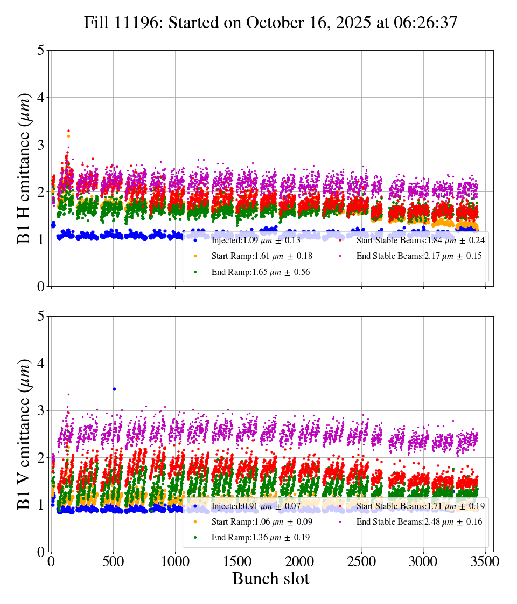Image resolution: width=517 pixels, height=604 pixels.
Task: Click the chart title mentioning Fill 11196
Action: coord(270,23)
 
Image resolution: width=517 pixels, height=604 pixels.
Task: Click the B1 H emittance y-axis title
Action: coord(24,168)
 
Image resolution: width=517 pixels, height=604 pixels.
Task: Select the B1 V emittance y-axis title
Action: coord(24,434)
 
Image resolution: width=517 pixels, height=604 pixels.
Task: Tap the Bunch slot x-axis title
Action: coord(270,579)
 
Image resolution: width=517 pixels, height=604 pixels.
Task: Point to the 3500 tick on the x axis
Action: coord(485,561)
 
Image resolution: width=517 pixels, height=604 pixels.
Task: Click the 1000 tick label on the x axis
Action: coord(175,561)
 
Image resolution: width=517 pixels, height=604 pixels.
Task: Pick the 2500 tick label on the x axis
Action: coord(361,561)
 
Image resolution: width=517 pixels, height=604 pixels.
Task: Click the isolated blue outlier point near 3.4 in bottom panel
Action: coord(114,389)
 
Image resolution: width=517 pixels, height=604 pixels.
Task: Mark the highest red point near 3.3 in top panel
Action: coord(68,131)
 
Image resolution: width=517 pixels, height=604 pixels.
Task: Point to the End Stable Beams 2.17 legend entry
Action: coord(415,256)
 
